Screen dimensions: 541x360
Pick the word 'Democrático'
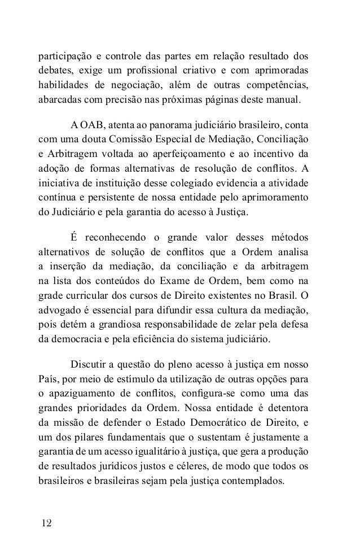200,421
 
